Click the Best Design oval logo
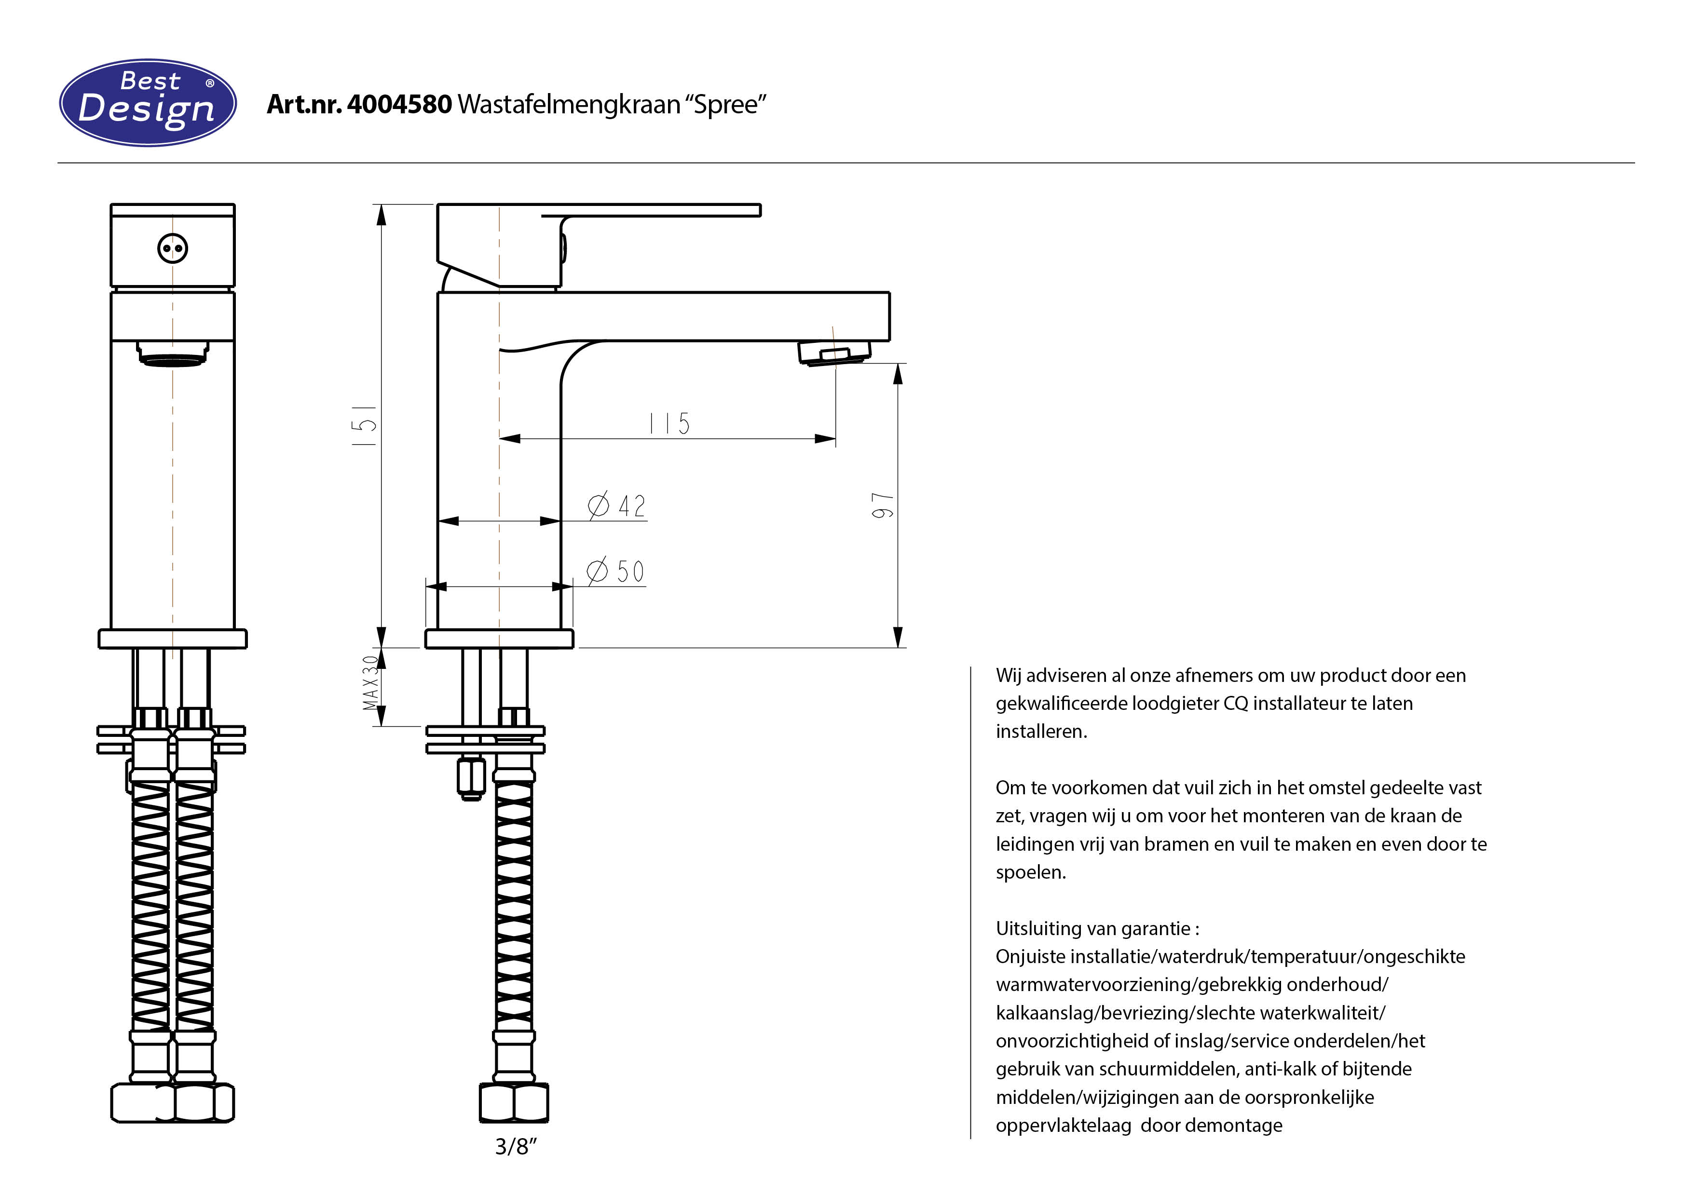click(x=148, y=102)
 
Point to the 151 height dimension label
click(x=365, y=425)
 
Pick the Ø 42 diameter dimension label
click(x=617, y=505)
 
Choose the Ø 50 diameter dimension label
click(x=615, y=571)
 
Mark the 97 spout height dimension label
click(x=882, y=505)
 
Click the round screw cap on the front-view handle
click(x=173, y=248)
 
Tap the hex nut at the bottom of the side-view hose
click(x=514, y=1102)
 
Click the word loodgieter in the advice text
click(x=1174, y=704)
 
